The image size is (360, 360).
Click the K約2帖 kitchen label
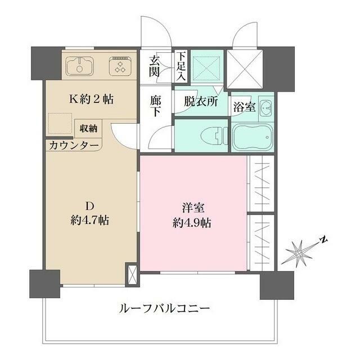coord(91,100)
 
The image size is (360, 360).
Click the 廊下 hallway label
coord(156,105)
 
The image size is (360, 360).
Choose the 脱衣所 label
coord(200,103)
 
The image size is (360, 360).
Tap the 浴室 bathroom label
coord(245,107)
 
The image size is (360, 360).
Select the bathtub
coord(252,136)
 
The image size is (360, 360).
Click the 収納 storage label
coord(88,128)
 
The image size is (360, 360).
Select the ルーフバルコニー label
coord(164,308)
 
